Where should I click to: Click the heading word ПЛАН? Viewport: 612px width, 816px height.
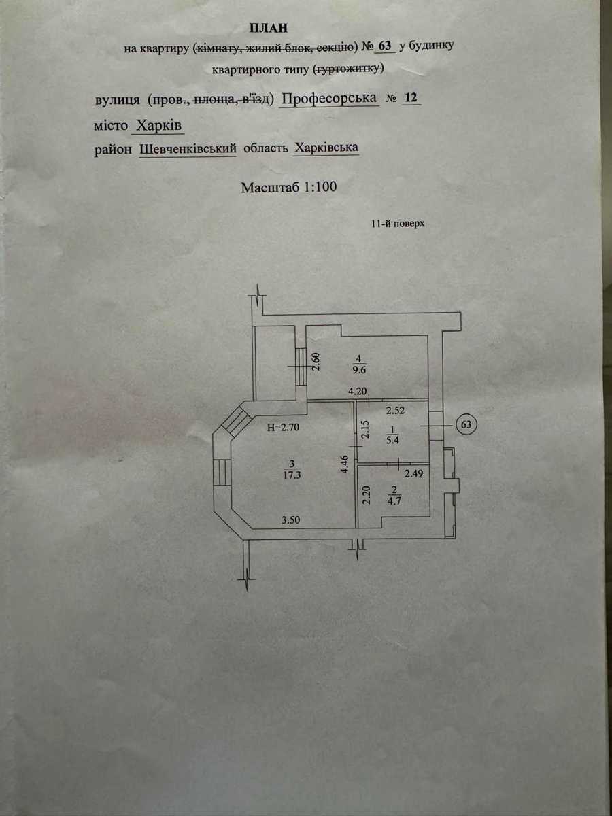click(269, 29)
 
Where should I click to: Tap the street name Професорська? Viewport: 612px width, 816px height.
click(329, 99)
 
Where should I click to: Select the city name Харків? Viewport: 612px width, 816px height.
click(158, 126)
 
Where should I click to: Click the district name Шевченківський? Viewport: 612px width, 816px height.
click(188, 148)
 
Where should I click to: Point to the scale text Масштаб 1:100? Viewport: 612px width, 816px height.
click(289, 187)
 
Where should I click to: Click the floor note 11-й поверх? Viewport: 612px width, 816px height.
click(398, 224)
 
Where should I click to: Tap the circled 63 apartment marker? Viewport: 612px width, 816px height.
click(466, 424)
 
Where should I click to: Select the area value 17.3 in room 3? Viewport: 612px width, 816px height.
click(292, 475)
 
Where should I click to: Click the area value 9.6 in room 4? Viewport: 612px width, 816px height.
click(358, 371)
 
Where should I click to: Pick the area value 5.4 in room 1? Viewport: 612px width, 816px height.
click(393, 441)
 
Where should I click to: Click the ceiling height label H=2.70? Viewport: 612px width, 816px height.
click(283, 428)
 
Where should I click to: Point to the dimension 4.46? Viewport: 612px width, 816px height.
click(345, 464)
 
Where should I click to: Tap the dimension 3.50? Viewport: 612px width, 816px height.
click(290, 520)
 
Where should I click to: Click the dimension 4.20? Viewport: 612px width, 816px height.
click(358, 391)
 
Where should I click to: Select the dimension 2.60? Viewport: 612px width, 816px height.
click(316, 362)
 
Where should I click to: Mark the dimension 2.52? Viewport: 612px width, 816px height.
click(395, 411)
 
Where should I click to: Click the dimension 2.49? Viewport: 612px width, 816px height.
click(414, 473)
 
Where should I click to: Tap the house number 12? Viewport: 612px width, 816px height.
click(411, 98)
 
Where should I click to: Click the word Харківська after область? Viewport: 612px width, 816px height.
click(326, 148)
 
